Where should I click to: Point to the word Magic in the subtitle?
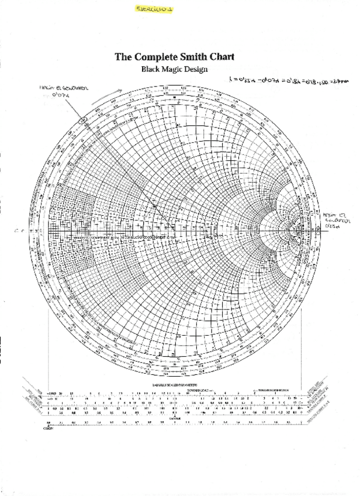click(175, 68)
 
